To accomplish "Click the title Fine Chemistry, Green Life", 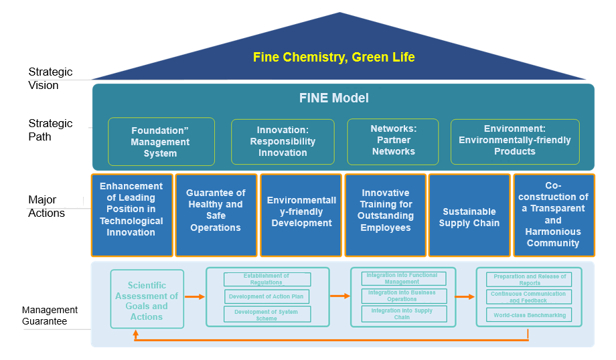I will coord(333,57).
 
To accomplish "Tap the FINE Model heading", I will coord(333,98).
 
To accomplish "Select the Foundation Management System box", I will coord(161,142).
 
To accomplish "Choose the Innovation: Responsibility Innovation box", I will coord(283,141).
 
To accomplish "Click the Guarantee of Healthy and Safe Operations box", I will coord(216,210).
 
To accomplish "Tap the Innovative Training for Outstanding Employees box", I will coord(385,210).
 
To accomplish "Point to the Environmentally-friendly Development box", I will coord(301,211).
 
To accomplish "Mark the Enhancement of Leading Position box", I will coord(131,209).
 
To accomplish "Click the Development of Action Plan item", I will coord(266,296).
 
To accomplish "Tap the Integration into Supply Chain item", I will coord(392,314).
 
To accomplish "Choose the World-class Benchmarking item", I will coord(530,314).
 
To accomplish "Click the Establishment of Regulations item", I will coord(266,279).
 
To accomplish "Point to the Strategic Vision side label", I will coord(50,78).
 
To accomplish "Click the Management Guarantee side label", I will coord(50,315).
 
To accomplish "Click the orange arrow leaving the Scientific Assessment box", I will coord(194,296).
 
